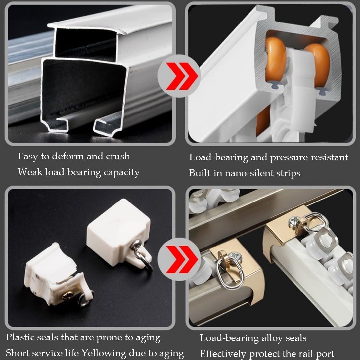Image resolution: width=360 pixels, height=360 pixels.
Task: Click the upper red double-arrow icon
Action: [179, 75]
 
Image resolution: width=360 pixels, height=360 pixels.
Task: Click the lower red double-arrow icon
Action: [179, 259]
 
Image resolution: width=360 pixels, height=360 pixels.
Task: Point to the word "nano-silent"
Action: [245, 173]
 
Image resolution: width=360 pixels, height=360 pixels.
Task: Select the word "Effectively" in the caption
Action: [223, 353]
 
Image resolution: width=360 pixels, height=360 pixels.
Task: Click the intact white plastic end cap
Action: [117, 225]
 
